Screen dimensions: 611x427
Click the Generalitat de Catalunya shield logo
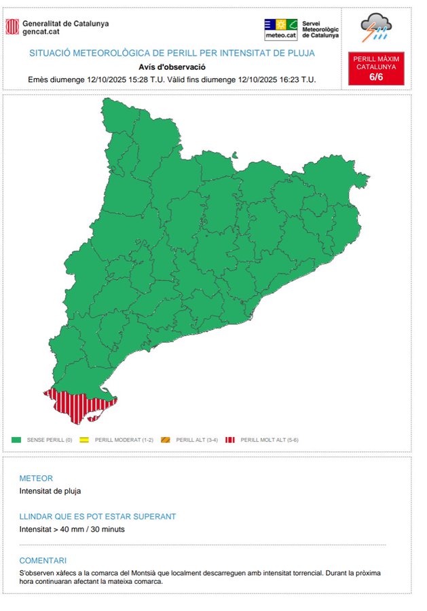coord(12,26)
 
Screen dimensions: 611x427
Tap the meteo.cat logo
coord(280,29)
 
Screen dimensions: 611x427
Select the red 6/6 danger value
coord(376,77)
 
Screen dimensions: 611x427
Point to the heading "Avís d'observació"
coord(172,67)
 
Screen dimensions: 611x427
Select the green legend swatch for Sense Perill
coord(16,440)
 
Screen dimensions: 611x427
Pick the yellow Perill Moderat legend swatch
coord(85,440)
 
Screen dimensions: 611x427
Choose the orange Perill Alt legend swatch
coord(166,440)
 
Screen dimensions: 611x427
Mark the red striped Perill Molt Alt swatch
coord(231,440)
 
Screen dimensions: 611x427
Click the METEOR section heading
coord(36,479)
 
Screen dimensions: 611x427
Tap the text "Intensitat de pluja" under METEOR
coord(50,491)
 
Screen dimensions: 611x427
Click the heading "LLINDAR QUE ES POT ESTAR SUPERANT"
coord(98,517)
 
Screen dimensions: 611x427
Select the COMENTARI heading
coord(43,561)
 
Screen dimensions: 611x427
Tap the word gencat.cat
coord(41,31)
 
